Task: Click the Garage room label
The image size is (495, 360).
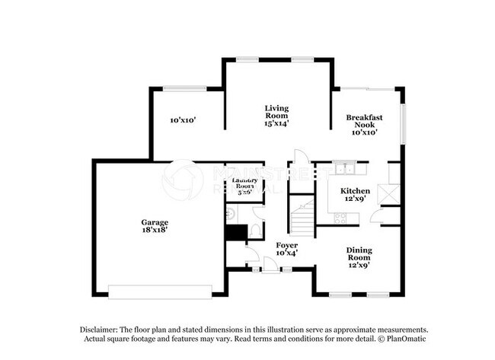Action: [x=154, y=223]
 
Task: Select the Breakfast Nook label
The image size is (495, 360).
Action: [x=365, y=122]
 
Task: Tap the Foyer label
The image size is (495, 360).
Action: [x=286, y=245]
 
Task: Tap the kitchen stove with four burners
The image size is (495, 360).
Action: [x=340, y=218]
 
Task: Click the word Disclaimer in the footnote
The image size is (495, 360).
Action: [x=100, y=328]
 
